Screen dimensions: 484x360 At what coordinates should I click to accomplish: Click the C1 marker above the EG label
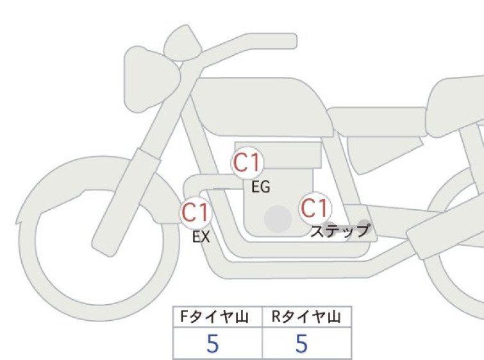[247, 162]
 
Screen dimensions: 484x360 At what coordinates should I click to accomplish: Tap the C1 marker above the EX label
[196, 213]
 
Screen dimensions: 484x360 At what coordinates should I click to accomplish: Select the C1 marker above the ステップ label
[315, 208]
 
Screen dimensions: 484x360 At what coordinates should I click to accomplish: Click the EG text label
[261, 187]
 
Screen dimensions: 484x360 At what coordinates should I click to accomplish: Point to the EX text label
[201, 237]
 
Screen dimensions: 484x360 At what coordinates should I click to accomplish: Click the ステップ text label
[340, 231]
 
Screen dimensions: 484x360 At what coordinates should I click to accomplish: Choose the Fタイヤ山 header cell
[217, 317]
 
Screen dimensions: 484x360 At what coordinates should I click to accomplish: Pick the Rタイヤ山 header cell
[307, 317]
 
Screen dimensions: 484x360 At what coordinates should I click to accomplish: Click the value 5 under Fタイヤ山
[213, 343]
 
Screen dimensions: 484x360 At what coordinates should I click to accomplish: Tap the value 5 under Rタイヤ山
[301, 343]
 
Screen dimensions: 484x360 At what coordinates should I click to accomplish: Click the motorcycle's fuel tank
[262, 107]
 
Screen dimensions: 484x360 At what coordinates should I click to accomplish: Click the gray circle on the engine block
[278, 219]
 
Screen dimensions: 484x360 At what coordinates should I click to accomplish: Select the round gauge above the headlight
[183, 42]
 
